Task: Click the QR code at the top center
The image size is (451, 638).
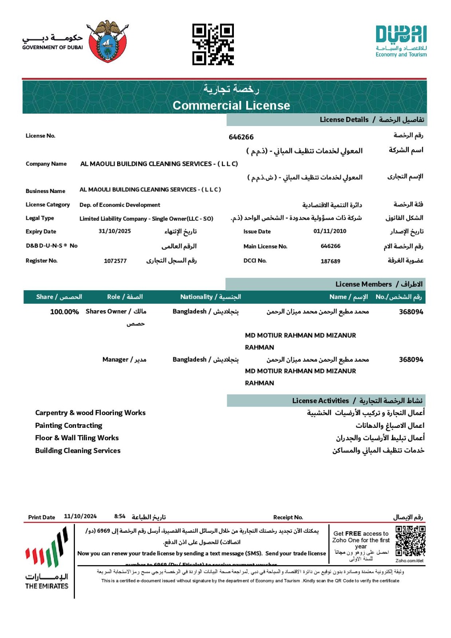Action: click(x=213, y=44)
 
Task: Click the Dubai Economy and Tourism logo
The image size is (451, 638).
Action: click(x=401, y=41)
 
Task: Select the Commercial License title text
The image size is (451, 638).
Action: click(x=231, y=105)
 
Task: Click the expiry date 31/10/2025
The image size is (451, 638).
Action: click(x=115, y=231)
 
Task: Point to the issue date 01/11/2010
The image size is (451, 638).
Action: click(x=329, y=231)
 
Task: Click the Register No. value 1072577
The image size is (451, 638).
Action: click(x=115, y=261)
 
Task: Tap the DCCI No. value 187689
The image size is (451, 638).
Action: click(x=330, y=261)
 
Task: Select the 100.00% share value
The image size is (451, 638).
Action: click(x=64, y=312)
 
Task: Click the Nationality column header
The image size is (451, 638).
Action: click(x=210, y=297)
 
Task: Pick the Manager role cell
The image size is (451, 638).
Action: click(x=124, y=360)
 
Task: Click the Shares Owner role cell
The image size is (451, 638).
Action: click(x=116, y=312)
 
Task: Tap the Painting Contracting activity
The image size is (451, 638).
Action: click(x=69, y=425)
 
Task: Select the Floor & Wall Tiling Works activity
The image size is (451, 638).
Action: click(x=77, y=438)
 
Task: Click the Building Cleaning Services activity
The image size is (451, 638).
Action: click(x=78, y=451)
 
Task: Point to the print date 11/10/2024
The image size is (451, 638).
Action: click(x=80, y=516)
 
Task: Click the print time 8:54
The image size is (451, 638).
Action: click(x=120, y=516)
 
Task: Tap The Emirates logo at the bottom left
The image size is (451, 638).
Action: click(x=47, y=558)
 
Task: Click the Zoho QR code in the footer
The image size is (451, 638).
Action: click(x=410, y=541)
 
